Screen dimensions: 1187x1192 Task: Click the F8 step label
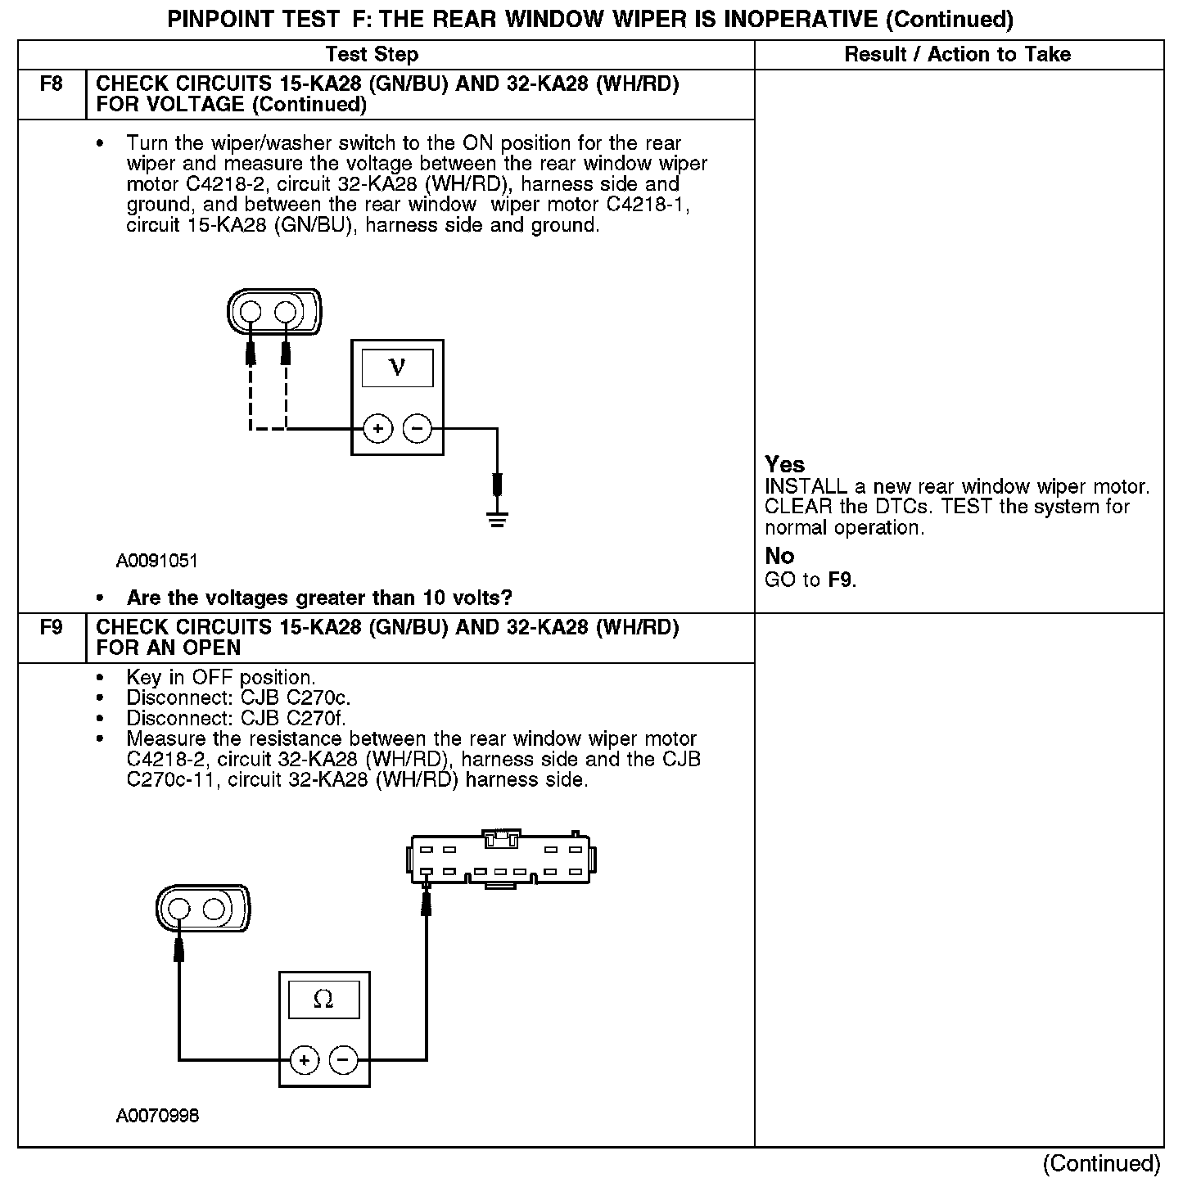click(x=51, y=84)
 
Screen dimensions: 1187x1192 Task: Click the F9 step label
click(x=51, y=628)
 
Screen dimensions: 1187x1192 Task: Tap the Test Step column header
click(x=372, y=55)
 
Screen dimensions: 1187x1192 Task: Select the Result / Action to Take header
click(x=957, y=55)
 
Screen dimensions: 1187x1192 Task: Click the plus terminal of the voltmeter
click(x=377, y=429)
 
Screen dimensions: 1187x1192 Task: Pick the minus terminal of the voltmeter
click(x=418, y=429)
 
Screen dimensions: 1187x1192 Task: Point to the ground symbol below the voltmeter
click(x=496, y=517)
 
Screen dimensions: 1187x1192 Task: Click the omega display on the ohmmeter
click(x=323, y=1000)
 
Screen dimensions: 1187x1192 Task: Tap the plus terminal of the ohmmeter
click(x=304, y=1061)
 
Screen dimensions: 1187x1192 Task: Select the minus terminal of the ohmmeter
click(x=344, y=1061)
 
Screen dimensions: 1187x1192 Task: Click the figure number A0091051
click(x=156, y=562)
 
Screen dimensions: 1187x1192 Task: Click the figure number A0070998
click(x=156, y=1116)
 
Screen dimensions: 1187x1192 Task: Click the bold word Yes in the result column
click(x=784, y=465)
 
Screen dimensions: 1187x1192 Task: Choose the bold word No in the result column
click(x=779, y=557)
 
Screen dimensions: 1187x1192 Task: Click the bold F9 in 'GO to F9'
click(x=841, y=580)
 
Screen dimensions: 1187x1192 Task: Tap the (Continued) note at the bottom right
click(x=1102, y=1163)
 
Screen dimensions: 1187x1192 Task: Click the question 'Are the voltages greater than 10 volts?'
click(x=319, y=598)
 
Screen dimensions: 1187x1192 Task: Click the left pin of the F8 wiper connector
click(x=251, y=313)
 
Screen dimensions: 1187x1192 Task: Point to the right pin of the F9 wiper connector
click(x=214, y=909)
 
